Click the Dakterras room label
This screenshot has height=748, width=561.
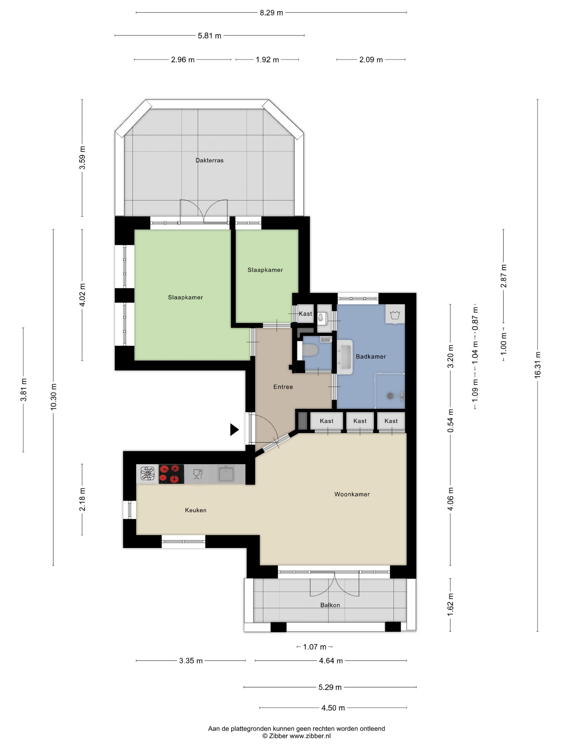click(x=209, y=160)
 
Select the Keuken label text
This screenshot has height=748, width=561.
click(x=196, y=510)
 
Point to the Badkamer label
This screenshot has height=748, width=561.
click(x=371, y=356)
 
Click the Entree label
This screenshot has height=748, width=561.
click(x=283, y=387)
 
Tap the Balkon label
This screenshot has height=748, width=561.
click(x=330, y=605)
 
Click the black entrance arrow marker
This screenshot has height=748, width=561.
click(x=234, y=430)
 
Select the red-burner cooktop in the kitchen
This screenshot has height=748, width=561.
click(x=172, y=474)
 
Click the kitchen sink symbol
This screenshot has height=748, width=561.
click(x=226, y=474)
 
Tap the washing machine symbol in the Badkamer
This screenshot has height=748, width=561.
click(x=395, y=315)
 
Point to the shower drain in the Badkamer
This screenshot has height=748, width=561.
click(x=390, y=395)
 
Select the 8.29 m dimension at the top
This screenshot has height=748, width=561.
click(x=271, y=13)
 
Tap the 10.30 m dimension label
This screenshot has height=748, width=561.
click(x=53, y=397)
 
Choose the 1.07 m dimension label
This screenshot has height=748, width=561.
click(x=314, y=647)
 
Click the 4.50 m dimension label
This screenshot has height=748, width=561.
click(x=333, y=708)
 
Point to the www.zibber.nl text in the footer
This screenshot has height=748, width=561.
click(x=310, y=736)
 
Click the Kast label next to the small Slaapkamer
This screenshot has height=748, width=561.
click(x=305, y=314)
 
